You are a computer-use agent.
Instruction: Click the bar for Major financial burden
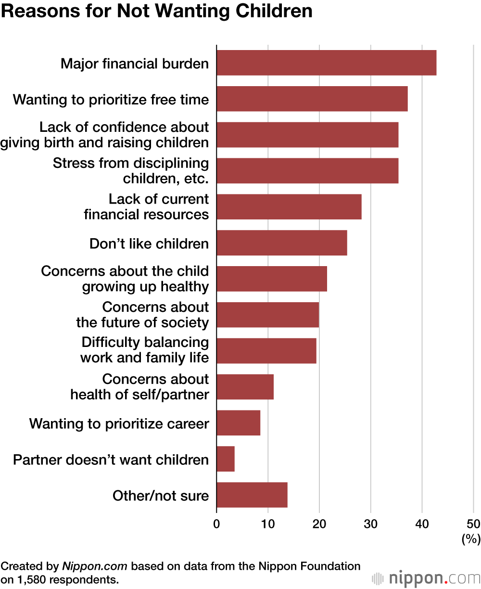point(326,63)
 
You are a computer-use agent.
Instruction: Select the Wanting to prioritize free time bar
point(312,99)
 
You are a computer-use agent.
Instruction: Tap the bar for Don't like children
point(281,243)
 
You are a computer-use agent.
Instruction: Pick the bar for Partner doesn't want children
point(226,459)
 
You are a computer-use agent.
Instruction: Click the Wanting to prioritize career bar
point(238,423)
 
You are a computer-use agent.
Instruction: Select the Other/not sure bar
point(252,495)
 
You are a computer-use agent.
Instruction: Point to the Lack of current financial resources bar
point(289,207)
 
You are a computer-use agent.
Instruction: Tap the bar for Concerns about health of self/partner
point(245,387)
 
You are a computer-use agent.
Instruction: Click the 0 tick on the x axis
point(216,524)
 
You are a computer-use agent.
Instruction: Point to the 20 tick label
point(319,524)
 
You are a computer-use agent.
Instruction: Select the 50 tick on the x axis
point(473,524)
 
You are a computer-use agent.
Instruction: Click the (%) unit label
point(471,539)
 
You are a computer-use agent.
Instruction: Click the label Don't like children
point(149,243)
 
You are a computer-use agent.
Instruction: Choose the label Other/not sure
point(161,496)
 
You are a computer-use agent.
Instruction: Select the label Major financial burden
point(135,64)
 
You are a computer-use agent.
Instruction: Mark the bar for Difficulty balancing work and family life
point(266,351)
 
